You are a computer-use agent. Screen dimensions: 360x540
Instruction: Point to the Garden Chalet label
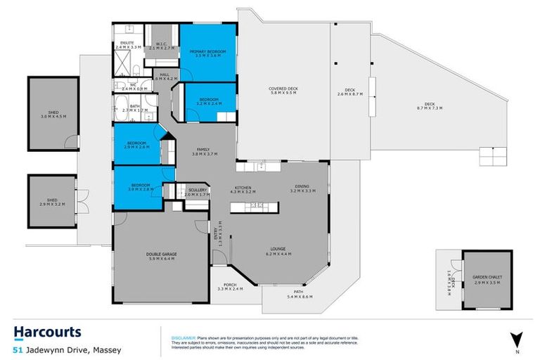tap(486, 278)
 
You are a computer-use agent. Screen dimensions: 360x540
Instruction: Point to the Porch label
tap(229, 285)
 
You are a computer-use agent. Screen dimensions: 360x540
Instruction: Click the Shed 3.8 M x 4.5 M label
tap(52, 115)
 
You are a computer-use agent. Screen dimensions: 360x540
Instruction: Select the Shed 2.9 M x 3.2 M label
tap(51, 202)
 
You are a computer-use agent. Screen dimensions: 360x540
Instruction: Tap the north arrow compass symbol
tap(517, 340)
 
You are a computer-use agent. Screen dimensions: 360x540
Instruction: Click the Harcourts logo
tap(48, 332)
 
